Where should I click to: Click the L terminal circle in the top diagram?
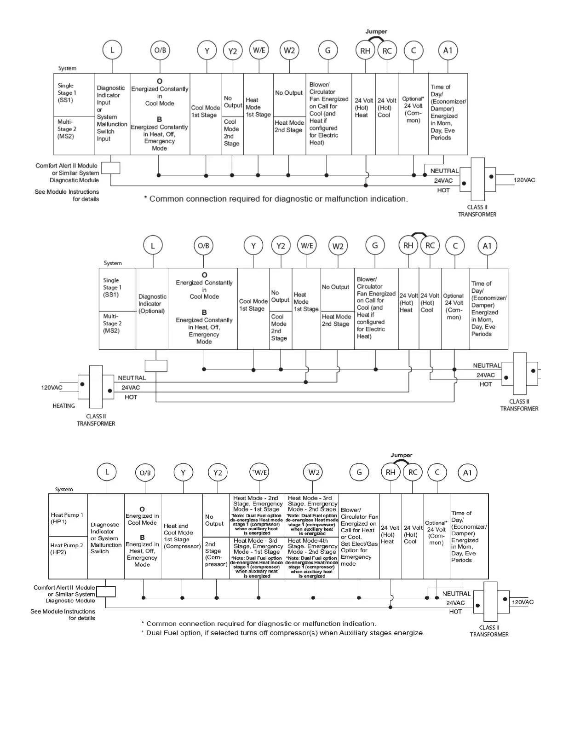pyautogui.click(x=112, y=50)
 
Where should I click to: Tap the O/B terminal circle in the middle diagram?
pyautogui.click(x=203, y=246)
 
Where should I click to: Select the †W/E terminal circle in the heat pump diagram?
pyautogui.click(x=259, y=472)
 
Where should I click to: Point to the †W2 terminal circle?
pyautogui.click(x=313, y=472)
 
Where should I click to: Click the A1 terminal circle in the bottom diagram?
pyautogui.click(x=467, y=473)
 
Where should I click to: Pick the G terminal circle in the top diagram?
pyautogui.click(x=327, y=50)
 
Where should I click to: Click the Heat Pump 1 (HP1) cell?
pyautogui.click(x=67, y=518)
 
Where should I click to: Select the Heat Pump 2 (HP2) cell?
pyautogui.click(x=67, y=549)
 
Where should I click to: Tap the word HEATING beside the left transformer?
pyautogui.click(x=63, y=406)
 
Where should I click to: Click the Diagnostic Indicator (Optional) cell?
pyautogui.click(x=152, y=304)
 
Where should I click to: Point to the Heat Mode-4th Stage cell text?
pyautogui.click(x=312, y=546)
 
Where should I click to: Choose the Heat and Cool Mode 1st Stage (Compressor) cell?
pyautogui.click(x=182, y=536)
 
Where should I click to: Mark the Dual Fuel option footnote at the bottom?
pyautogui.click(x=282, y=633)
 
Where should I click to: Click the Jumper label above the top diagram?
pyautogui.click(x=376, y=31)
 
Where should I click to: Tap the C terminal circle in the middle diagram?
pyautogui.click(x=455, y=245)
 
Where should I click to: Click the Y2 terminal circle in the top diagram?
pyautogui.click(x=232, y=51)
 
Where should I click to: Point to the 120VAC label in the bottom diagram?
pyautogui.click(x=523, y=602)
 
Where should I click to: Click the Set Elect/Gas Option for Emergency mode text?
pyautogui.click(x=359, y=554)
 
